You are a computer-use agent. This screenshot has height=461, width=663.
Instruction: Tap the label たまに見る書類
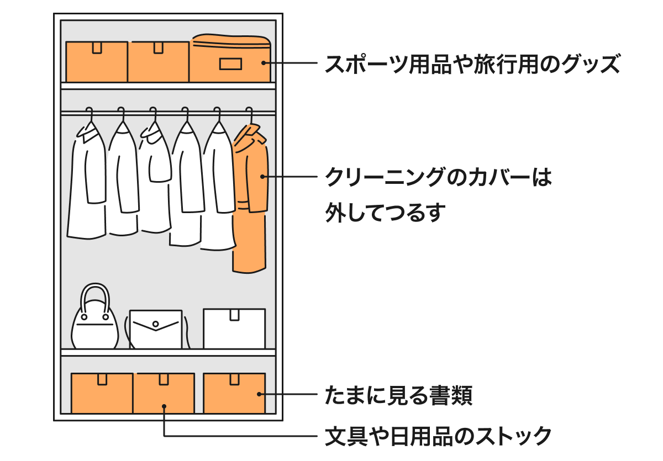pyautogui.click(x=398, y=395)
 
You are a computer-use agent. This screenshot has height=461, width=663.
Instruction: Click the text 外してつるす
pyautogui.click(x=385, y=213)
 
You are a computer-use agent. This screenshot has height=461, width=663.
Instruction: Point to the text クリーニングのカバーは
pyautogui.click(x=438, y=178)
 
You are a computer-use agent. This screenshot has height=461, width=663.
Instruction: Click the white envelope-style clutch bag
pyautogui.click(x=156, y=330)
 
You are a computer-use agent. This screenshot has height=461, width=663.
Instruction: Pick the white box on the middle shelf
pyautogui.click(x=234, y=329)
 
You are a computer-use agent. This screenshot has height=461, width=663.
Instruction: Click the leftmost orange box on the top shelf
pyautogui.click(x=97, y=62)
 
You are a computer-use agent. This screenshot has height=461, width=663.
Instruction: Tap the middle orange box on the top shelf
pyautogui.click(x=159, y=62)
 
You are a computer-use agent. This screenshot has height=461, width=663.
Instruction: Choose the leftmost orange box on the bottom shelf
pyautogui.click(x=102, y=393)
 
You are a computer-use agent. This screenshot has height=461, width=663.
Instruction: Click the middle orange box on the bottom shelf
pyautogui.click(x=164, y=393)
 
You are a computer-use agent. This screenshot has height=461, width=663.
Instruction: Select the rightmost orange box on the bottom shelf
pyautogui.click(x=234, y=393)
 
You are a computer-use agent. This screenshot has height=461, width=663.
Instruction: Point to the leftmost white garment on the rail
pyautogui.click(x=87, y=182)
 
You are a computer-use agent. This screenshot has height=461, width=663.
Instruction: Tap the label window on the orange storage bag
pyautogui.click(x=231, y=64)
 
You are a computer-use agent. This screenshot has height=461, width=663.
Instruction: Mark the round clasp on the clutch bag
pyautogui.click(x=156, y=324)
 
